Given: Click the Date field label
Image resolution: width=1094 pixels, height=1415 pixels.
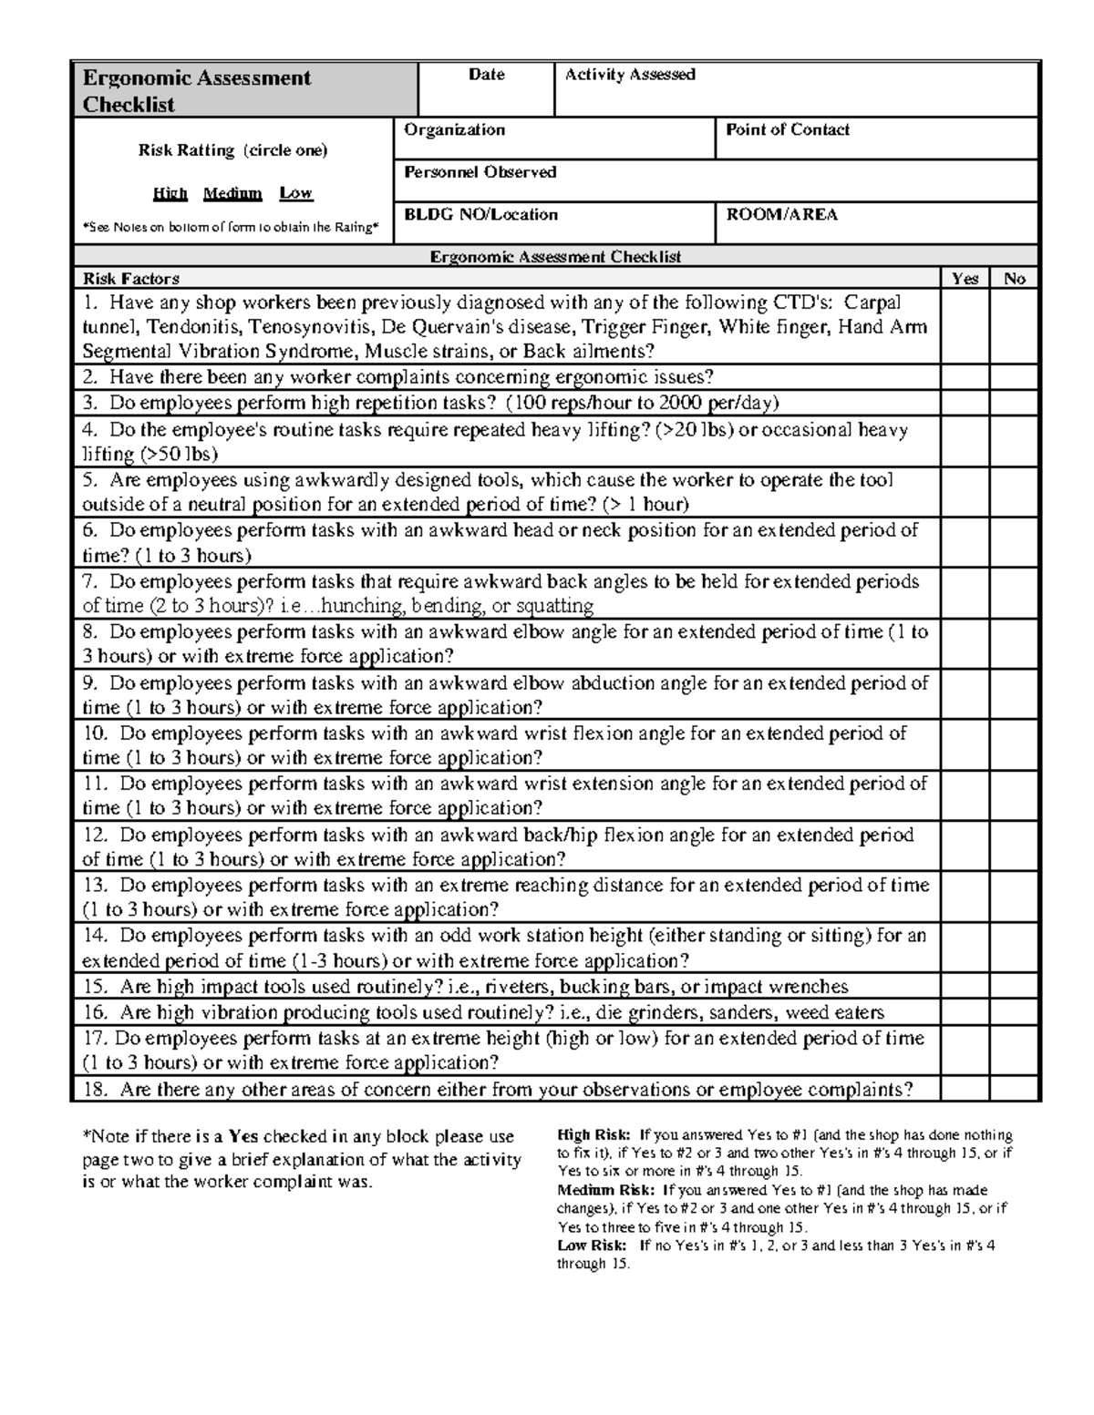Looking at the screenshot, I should (486, 75).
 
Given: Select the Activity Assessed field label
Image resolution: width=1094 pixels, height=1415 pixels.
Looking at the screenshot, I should (630, 75).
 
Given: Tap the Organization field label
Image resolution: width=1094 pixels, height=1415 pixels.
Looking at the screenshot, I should (454, 129).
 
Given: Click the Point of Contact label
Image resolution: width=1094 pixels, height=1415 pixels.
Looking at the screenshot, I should (788, 129).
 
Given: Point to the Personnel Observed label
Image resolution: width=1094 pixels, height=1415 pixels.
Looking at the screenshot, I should (480, 172).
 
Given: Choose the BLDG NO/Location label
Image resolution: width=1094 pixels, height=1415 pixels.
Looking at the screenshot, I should (480, 215).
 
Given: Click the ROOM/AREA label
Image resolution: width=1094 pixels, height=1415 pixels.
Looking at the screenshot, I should (781, 215).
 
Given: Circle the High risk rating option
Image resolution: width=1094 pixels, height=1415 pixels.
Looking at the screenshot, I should (170, 193).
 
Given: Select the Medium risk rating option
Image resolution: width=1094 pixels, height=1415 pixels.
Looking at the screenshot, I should (232, 193).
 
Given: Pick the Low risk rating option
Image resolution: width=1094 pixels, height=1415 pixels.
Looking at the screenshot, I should (295, 193).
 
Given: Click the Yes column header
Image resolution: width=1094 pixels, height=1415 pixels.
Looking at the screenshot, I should (965, 279).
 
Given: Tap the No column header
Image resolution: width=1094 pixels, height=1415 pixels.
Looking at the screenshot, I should (1014, 279).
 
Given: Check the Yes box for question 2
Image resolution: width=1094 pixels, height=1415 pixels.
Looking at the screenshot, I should (965, 378).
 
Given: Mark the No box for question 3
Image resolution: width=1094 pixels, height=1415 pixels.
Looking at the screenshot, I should (1014, 404).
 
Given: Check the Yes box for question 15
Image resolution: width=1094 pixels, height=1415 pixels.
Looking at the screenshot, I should (965, 987).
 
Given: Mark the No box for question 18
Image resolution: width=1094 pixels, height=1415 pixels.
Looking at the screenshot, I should (1014, 1089).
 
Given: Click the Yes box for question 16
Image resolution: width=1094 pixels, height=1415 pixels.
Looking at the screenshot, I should (965, 1012).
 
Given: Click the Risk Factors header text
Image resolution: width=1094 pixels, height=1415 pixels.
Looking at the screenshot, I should (131, 279).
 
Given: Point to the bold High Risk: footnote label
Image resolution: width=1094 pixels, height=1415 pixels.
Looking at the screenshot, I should (593, 1135).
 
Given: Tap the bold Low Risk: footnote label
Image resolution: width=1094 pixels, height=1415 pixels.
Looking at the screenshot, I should (592, 1246).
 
